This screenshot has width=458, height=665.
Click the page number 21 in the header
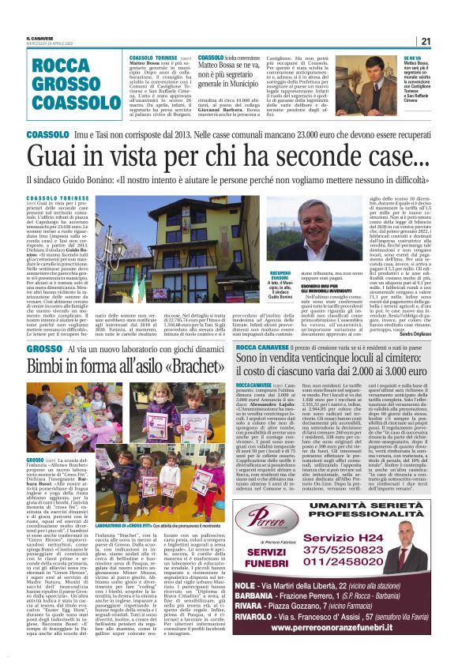[426, 41]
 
